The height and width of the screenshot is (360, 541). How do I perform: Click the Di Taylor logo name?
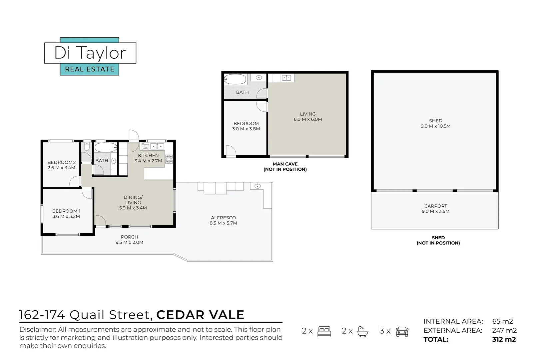[x=90, y=53]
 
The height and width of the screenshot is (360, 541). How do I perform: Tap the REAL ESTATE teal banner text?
[x=90, y=69]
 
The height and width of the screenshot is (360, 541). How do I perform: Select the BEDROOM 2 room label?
[x=61, y=162]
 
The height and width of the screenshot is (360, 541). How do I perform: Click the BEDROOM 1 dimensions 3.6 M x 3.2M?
[x=66, y=216]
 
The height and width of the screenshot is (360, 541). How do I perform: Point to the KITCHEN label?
[x=148, y=155]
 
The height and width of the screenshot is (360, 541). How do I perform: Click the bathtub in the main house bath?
[x=106, y=147]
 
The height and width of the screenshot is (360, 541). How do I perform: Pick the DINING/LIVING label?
[x=133, y=200]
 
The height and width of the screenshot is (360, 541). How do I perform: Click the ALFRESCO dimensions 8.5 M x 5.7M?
[x=223, y=223]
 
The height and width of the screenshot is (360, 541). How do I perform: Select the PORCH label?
[x=129, y=237]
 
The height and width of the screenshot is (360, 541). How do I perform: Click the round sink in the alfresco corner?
[x=258, y=186]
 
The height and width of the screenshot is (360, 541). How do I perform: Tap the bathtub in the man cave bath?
[x=235, y=80]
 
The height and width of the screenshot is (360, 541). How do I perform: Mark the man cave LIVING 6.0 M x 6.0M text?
[x=307, y=117]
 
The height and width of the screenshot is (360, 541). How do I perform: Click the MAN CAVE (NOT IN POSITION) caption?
[x=285, y=167]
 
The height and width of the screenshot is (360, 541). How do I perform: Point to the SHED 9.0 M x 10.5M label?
[x=435, y=123]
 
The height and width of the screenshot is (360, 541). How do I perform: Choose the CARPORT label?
[x=435, y=206]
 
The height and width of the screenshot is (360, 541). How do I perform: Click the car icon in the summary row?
[x=402, y=331]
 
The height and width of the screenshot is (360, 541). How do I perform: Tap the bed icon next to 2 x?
[x=324, y=331]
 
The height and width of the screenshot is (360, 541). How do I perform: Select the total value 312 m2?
[x=504, y=340]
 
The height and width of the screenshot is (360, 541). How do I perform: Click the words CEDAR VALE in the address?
[x=200, y=315]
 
